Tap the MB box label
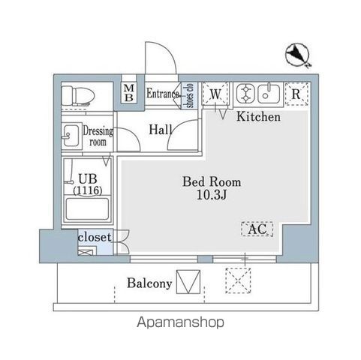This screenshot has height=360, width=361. pyautogui.click(x=128, y=94)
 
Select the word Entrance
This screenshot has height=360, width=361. pyautogui.click(x=161, y=94)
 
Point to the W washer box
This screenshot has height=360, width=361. pyautogui.click(x=215, y=94)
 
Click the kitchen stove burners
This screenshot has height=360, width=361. pyautogui.click(x=246, y=94)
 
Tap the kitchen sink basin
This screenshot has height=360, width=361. pyautogui.click(x=269, y=94)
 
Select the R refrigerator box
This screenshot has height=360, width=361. pyautogui.click(x=296, y=94)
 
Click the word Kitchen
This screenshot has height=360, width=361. pyautogui.click(x=258, y=117)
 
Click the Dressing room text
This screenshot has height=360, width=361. pyautogui.click(x=98, y=135)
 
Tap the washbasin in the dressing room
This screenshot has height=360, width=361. pyautogui.click(x=71, y=136)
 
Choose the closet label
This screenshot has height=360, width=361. pyautogui.click(x=95, y=238)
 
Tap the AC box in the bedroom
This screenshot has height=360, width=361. pyautogui.click(x=257, y=229)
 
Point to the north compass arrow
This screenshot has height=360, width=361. pyautogui.click(x=298, y=54)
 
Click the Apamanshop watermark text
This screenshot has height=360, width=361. pyautogui.click(x=180, y=322)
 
